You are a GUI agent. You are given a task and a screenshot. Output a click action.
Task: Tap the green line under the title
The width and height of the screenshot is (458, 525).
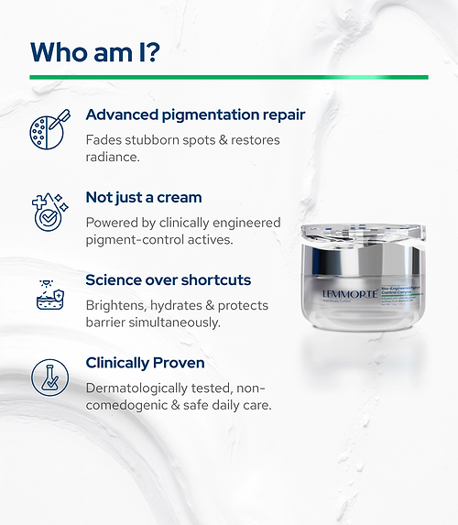pyautogui.click(x=228, y=77)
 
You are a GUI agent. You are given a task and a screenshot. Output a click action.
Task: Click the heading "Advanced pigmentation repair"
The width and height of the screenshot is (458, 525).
pyautogui.click(x=195, y=115)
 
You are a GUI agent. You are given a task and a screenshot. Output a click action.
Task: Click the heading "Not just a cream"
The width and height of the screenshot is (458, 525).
pyautogui.click(x=143, y=197)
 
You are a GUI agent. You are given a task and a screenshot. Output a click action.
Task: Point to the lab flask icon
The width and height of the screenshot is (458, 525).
pyautogui.click(x=48, y=377)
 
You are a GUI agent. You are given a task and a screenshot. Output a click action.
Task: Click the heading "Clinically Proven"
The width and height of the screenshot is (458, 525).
pyautogui.click(x=145, y=362)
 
